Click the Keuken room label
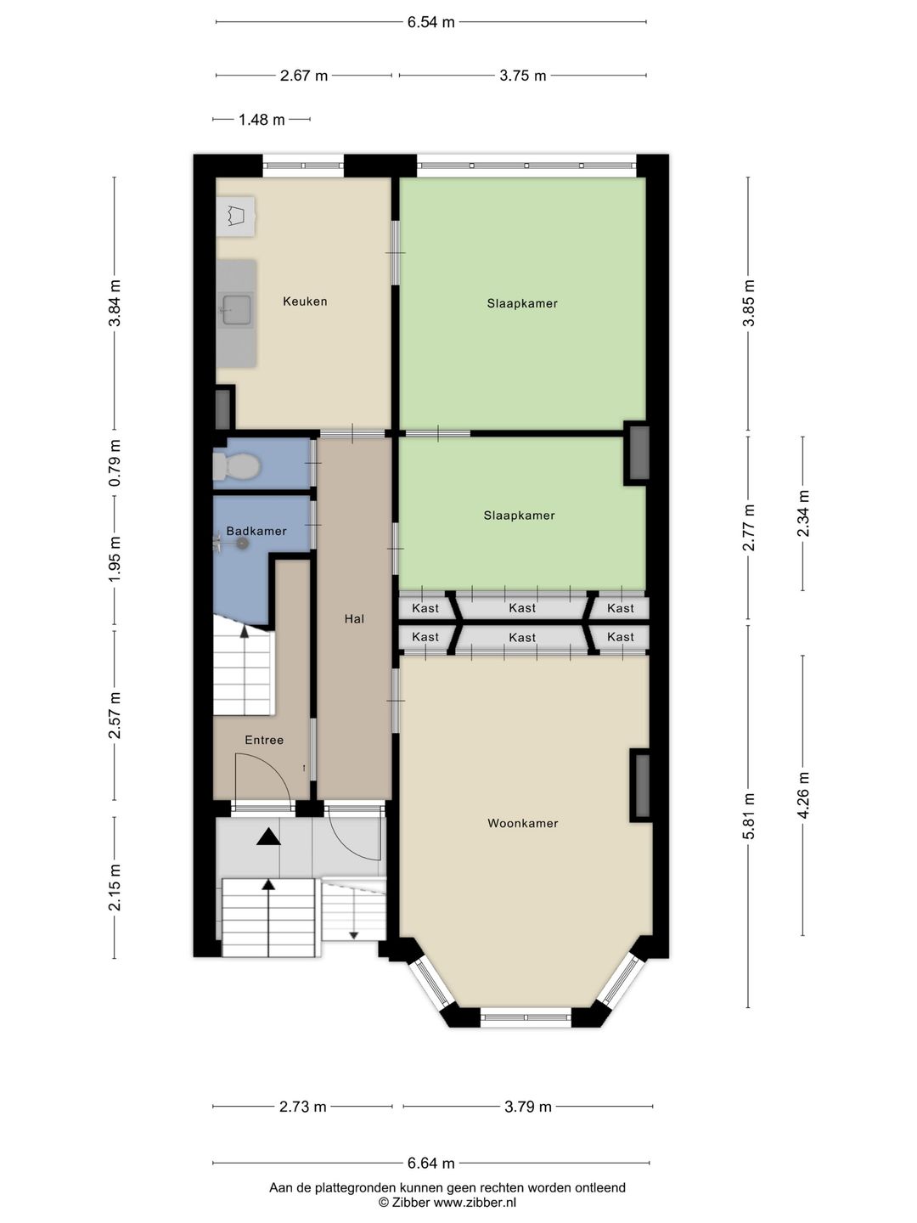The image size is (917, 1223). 305,302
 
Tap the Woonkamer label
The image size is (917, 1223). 523,823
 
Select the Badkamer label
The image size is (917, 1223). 256,532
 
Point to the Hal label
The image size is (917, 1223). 354,619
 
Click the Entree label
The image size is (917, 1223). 264,741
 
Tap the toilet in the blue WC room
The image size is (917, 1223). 237,466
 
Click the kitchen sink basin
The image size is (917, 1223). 235,310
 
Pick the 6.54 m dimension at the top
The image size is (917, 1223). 431,22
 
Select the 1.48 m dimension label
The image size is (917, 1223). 262,120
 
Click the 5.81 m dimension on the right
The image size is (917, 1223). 748,816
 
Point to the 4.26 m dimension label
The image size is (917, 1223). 803,795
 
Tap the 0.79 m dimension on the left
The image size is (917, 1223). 115,462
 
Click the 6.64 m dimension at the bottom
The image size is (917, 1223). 431,1164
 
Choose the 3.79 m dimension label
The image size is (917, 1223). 528,1107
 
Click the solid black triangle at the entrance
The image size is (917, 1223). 268,837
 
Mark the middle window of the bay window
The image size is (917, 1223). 525,1016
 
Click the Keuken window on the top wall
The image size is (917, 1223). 303,166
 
